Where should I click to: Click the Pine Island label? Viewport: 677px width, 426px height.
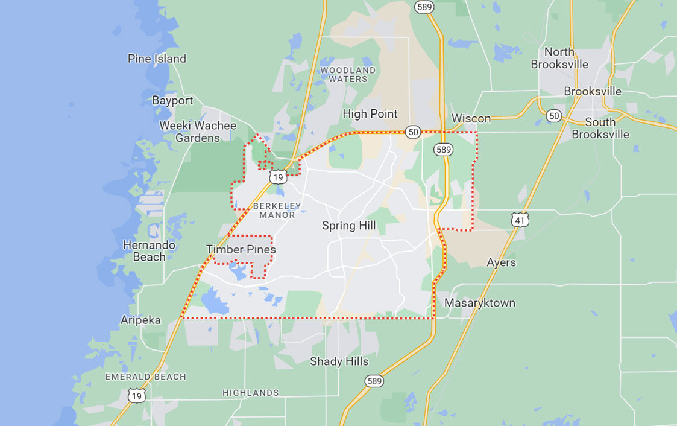coord(157,59)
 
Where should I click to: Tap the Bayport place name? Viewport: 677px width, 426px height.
coord(172,101)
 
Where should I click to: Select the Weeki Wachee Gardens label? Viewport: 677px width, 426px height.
coord(198,132)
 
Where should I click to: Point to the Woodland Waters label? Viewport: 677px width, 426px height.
coord(348,74)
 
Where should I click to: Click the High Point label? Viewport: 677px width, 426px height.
coord(370,113)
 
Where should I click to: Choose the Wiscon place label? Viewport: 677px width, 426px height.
coord(471,118)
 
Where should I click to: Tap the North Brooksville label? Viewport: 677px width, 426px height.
coord(559,58)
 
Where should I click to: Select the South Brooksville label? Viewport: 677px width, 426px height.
coord(600,128)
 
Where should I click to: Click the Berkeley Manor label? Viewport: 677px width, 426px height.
coord(277,210)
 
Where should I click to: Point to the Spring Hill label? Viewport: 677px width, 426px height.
coord(348,226)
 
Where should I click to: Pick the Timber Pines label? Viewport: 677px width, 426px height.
coord(241,249)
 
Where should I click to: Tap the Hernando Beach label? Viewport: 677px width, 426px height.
coord(149,251)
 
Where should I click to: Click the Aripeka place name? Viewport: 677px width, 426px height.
coord(140,320)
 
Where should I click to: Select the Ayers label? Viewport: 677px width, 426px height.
coord(501,262)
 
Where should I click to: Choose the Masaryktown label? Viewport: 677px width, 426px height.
coord(480,303)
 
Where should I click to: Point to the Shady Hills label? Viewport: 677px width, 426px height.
coord(339,361)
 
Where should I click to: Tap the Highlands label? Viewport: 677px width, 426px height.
coord(251,393)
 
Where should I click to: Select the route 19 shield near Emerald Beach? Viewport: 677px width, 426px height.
coord(137,396)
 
